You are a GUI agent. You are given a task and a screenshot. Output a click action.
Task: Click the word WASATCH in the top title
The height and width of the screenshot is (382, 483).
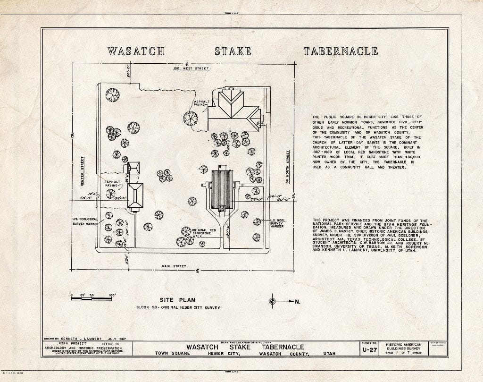(135, 51)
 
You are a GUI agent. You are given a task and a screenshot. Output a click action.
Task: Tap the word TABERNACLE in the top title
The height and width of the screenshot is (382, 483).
(340, 51)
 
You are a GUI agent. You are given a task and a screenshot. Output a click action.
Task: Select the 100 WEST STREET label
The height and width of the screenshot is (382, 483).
(191, 69)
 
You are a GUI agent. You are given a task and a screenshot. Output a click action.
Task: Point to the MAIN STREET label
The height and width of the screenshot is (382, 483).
(174, 267)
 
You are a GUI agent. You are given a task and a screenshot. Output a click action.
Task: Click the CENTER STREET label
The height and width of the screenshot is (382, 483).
(82, 171)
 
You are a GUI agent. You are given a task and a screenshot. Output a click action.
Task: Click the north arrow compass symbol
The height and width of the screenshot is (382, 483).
(272, 301)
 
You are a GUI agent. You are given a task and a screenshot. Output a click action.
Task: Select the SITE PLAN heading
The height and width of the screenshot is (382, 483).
(177, 300)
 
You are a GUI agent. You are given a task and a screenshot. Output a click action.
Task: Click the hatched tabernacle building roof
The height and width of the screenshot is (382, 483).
(222, 189)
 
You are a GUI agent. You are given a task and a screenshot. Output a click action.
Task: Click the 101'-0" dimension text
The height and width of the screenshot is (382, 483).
(126, 225)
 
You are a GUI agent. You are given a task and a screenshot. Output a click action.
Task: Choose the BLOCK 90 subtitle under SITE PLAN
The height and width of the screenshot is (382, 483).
(177, 308)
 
